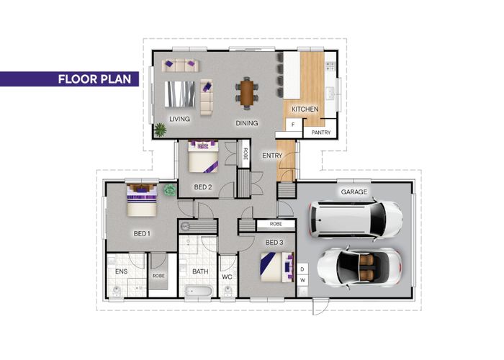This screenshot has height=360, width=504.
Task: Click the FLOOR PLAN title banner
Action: pyautogui.click(x=69, y=79)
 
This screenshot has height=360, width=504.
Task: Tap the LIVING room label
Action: pyautogui.click(x=180, y=119)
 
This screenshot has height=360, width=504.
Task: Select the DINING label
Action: pyautogui.click(x=247, y=123)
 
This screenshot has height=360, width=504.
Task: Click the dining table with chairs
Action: pyautogui.click(x=247, y=93)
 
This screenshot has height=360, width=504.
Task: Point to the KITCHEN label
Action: pyautogui.click(x=305, y=109)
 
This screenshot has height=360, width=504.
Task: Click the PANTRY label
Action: pyautogui.click(x=321, y=132)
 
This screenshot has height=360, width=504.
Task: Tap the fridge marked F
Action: pyautogui.click(x=293, y=125)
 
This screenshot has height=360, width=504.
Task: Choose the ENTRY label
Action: pyautogui.click(x=272, y=156)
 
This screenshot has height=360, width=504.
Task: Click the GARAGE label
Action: pyautogui.click(x=354, y=192)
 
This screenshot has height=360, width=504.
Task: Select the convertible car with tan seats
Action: pyautogui.click(x=359, y=267)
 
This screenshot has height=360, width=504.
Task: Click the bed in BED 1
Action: pyautogui.click(x=142, y=199)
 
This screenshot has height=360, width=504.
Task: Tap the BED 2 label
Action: pyautogui.click(x=203, y=187)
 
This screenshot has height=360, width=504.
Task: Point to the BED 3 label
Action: pyautogui.click(x=274, y=243)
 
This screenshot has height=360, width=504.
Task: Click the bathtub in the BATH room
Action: pyautogui.click(x=199, y=291)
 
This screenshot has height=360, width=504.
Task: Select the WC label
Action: pyautogui.click(x=227, y=276)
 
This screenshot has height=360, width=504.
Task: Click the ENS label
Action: pyautogui.click(x=121, y=271)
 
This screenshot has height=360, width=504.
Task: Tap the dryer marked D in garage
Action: pyautogui.click(x=302, y=269)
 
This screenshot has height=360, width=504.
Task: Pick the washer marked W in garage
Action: pyautogui.click(x=302, y=280)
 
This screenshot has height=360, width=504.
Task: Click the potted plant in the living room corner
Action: pyautogui.click(x=160, y=130)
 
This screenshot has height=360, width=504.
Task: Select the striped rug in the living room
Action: pyautogui.click(x=180, y=94)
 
